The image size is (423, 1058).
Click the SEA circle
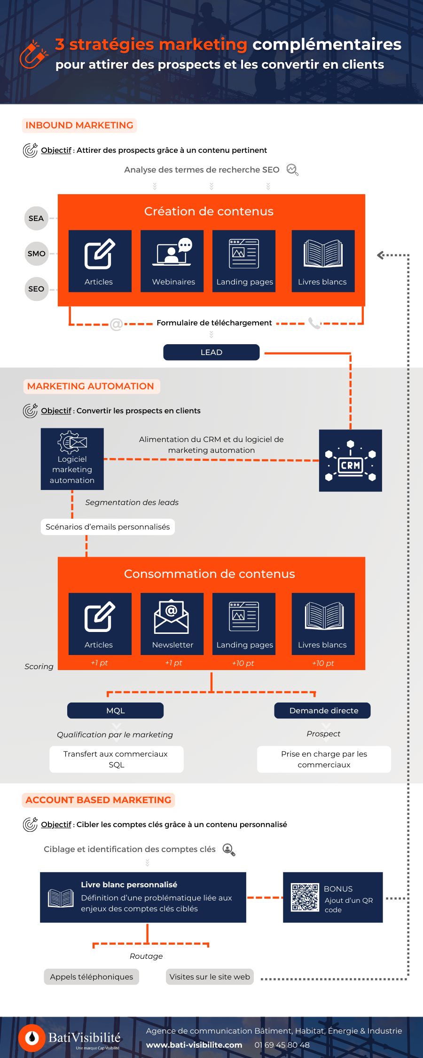pyautogui.click(x=36, y=218)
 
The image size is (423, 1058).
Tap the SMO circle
pyautogui.click(x=36, y=253)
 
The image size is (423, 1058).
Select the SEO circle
pyautogui.click(x=36, y=289)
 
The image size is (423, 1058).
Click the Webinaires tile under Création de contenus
pyautogui.click(x=172, y=261)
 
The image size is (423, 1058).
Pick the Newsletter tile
pyautogui.click(x=172, y=624)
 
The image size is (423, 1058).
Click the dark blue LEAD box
pyautogui.click(x=211, y=352)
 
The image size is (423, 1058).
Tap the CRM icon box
pyautogui.click(x=351, y=460)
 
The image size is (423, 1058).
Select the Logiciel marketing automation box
pyautogui.click(x=72, y=459)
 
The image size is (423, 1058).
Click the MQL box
pyautogui.click(x=116, y=711)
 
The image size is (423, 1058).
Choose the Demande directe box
pyautogui.click(x=322, y=711)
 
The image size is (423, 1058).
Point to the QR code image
pyautogui.click(x=305, y=898)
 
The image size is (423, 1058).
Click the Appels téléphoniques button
pyautogui.click(x=92, y=977)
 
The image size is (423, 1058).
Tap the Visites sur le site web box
pyautogui.click(x=210, y=977)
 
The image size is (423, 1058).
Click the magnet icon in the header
pyautogui.click(x=33, y=55)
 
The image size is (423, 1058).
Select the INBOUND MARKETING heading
pyautogui.click(x=79, y=126)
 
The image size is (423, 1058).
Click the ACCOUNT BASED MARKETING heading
pyautogui.click(x=98, y=800)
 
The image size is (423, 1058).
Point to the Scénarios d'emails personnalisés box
pyautogui.click(x=108, y=527)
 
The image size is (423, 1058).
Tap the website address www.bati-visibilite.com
pyautogui.click(x=194, y=1045)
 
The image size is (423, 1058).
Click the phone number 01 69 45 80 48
pyautogui.click(x=282, y=1045)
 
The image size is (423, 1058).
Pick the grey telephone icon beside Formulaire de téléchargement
pyautogui.click(x=314, y=323)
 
